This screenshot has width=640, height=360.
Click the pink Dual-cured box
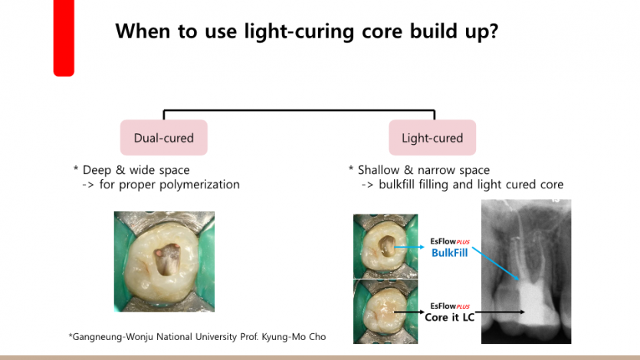(163, 139)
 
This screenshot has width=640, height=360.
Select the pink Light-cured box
(432, 139)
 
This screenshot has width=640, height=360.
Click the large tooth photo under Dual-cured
(164, 261)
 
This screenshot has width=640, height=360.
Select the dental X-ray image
(526, 271)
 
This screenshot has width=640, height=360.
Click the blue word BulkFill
(450, 253)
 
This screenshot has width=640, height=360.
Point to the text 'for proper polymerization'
(169, 185)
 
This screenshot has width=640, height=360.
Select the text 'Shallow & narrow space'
(423, 170)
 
